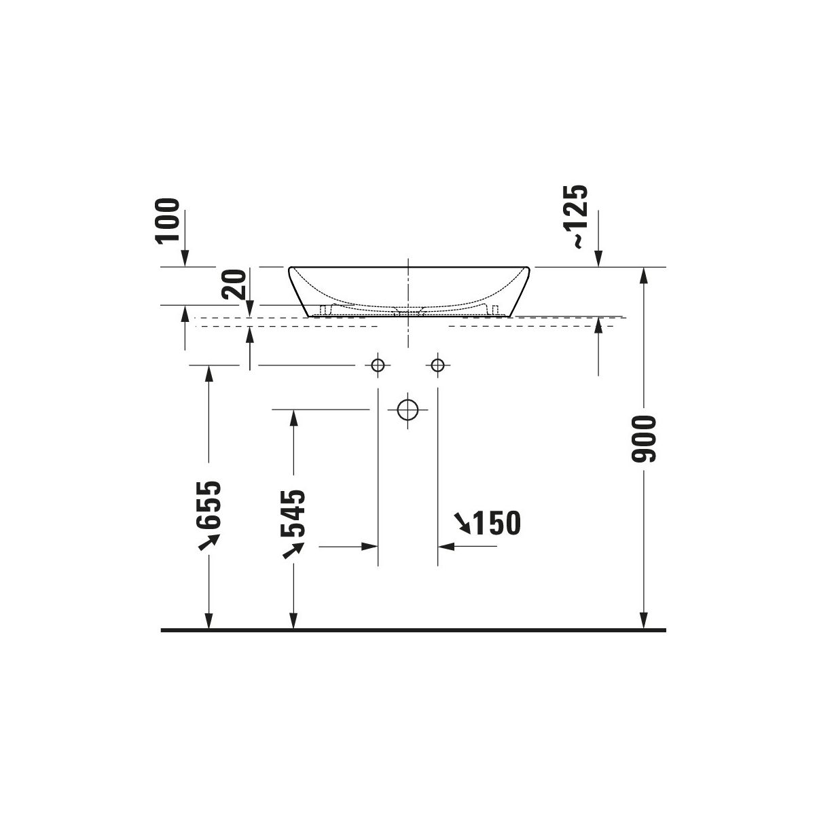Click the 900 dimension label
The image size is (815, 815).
pyautogui.click(x=643, y=439)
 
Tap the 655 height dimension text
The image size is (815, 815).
pyautogui.click(x=209, y=505)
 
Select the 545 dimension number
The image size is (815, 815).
pyautogui.click(x=293, y=513)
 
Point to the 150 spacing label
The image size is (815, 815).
pyautogui.click(x=497, y=523)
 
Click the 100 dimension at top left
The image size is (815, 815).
pyautogui.click(x=168, y=220)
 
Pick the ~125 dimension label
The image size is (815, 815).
pyautogui.click(x=575, y=217)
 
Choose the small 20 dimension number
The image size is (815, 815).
pyautogui.click(x=234, y=284)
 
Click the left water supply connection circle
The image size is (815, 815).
pyautogui.click(x=377, y=365)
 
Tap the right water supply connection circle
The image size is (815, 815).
pyautogui.click(x=438, y=365)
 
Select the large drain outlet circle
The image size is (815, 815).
pyautogui.click(x=407, y=410)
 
